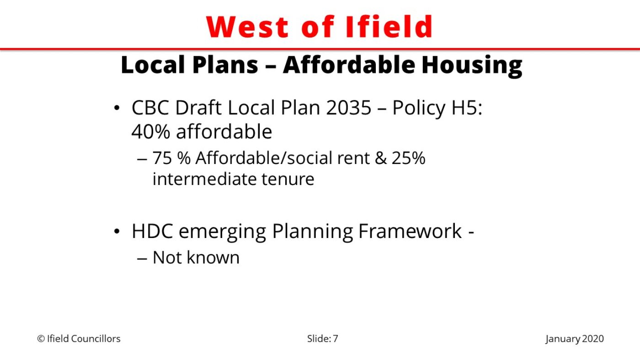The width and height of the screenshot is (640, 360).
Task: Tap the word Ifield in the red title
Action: (389, 26)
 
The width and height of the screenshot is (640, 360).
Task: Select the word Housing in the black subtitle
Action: (472, 66)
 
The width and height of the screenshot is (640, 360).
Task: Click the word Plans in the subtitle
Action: (225, 65)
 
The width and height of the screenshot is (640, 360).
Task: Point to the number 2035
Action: (348, 108)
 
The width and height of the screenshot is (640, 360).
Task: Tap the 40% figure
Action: (150, 132)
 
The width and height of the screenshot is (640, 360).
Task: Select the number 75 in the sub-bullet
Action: (162, 158)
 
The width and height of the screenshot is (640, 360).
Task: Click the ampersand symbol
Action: (380, 158)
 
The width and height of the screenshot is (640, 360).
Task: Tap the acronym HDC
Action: (152, 231)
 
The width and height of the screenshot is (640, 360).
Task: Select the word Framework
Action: (410, 231)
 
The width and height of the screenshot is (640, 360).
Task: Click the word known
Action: (213, 258)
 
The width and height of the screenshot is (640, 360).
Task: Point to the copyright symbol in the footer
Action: (41, 339)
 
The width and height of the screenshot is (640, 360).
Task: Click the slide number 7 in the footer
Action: (336, 339)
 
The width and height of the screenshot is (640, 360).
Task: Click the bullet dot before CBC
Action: (117, 108)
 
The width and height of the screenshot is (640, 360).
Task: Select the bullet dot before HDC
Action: (117, 231)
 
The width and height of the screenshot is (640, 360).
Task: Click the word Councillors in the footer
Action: (96, 339)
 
